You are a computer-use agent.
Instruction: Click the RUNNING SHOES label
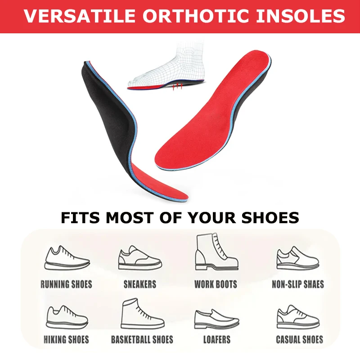click(x=66, y=284)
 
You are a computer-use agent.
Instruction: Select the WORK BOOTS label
click(x=216, y=284)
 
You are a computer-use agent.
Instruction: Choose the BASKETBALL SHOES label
click(x=142, y=340)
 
